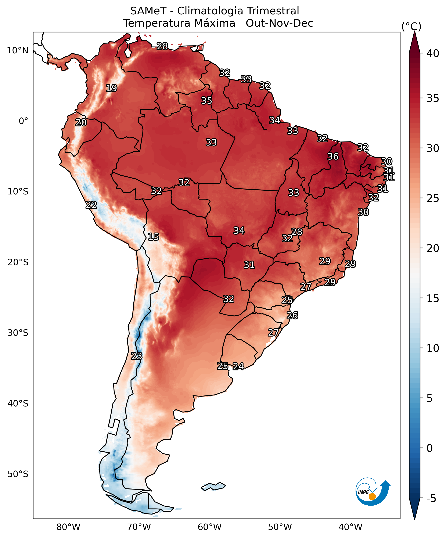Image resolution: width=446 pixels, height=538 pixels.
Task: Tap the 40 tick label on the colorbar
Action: click(x=433, y=54)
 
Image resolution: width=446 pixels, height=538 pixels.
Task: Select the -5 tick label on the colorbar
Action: click(x=431, y=498)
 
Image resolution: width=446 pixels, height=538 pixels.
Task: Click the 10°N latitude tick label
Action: click(x=17, y=50)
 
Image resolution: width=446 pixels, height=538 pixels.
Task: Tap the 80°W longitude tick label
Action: click(x=68, y=527)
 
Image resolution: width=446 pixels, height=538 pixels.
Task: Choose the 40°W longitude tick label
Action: click(x=350, y=527)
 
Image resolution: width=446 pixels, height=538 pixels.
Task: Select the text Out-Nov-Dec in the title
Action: click(x=279, y=23)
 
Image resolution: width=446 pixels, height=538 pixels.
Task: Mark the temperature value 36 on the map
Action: click(x=333, y=156)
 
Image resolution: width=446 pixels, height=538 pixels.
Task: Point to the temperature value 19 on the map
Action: click(x=112, y=88)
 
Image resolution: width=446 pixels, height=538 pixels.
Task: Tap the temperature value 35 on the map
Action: click(x=206, y=101)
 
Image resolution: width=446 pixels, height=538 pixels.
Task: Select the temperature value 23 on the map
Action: click(x=137, y=356)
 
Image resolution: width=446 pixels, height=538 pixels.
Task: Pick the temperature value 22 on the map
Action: click(x=91, y=205)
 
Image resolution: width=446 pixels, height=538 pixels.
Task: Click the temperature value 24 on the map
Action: click(x=238, y=366)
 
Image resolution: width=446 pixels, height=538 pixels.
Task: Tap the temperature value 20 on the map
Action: click(x=81, y=122)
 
